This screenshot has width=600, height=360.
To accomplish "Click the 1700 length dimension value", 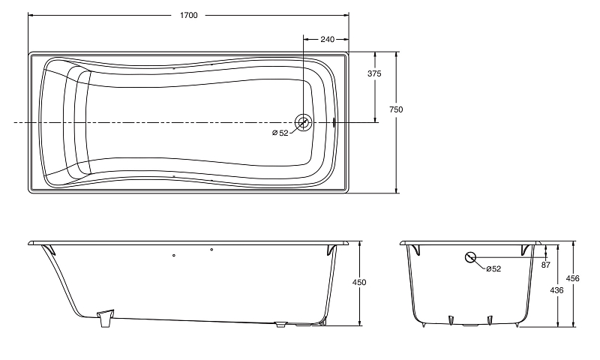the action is (189, 15).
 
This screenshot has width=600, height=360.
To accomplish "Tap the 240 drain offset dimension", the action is (327, 39).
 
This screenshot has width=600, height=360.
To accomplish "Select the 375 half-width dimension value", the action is (374, 73).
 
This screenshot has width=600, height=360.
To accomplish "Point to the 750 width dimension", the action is (396, 109).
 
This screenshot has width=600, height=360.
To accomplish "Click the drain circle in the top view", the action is (304, 123).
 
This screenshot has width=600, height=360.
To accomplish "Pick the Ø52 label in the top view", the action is (280, 133).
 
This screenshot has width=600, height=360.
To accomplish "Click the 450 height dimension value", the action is (359, 282).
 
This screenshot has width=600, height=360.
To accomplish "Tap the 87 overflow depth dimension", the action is (546, 265).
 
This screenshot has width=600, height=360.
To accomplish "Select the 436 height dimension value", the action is (556, 290).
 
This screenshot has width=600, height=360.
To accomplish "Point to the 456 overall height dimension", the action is (572, 278).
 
